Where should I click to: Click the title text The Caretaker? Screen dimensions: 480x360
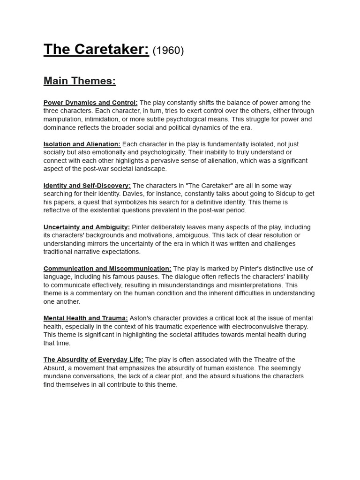coord(96,49)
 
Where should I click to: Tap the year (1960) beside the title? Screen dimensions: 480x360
coord(168,51)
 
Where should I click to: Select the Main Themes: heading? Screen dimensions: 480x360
coord(79,81)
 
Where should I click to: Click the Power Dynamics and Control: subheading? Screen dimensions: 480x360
coord(90,103)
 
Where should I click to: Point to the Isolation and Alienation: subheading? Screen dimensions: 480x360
coord(82,144)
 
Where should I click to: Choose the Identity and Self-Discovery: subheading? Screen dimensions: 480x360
coord(87,186)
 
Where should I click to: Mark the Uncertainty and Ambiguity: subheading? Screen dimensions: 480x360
coord(87,227)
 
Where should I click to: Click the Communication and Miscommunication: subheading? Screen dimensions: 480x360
coord(107,269)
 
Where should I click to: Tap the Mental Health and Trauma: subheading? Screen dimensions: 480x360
coord(85,318)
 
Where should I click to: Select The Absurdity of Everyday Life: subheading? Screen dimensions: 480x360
coord(93,360)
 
